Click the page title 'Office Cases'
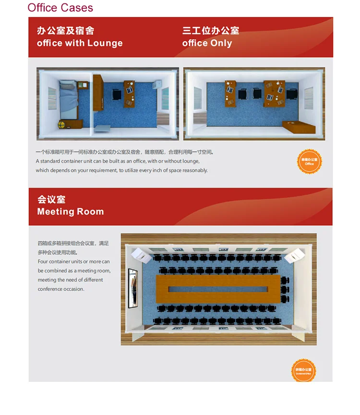(60, 8)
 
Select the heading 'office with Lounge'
(80, 43)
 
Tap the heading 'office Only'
(207, 43)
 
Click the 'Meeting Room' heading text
(71, 212)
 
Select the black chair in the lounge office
(117, 94)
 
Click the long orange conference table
(218, 288)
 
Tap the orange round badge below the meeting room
(304, 370)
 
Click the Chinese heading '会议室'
(51, 200)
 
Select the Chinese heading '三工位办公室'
(211, 31)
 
